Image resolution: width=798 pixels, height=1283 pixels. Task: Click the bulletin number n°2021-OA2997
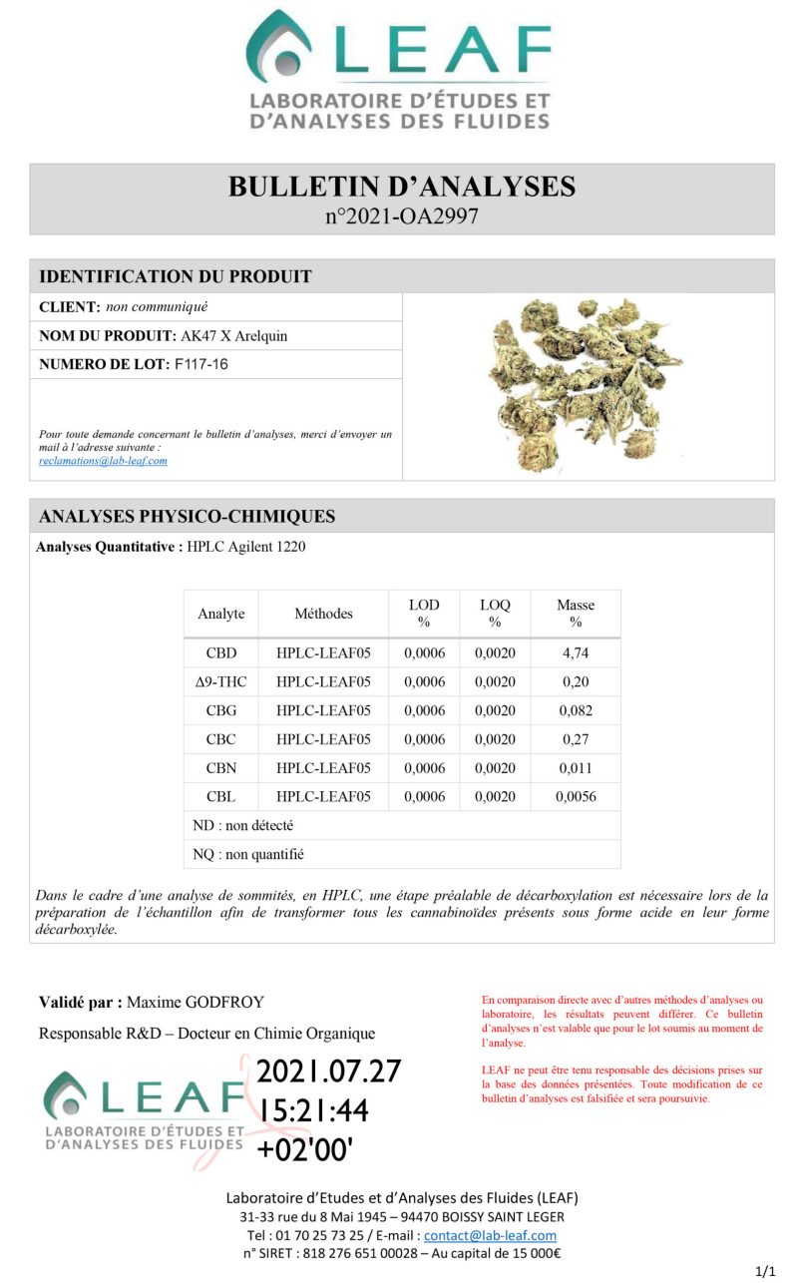[x=401, y=215]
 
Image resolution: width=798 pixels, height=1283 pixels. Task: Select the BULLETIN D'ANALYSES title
[x=401, y=187]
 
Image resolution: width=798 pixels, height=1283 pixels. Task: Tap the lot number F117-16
[x=201, y=364]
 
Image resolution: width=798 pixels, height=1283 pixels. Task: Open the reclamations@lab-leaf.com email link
[x=103, y=461]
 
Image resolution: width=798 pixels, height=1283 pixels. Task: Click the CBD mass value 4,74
[x=575, y=653]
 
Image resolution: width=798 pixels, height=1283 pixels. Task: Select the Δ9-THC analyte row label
[x=220, y=682]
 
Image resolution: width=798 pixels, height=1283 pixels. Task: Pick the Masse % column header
[x=575, y=613]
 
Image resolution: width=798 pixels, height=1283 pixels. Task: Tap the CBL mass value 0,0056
[x=575, y=797]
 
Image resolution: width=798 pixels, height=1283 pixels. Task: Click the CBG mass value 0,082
[x=575, y=711]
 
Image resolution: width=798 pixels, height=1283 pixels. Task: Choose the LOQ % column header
[x=495, y=613]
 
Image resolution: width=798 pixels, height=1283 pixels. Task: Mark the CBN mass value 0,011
[x=575, y=768]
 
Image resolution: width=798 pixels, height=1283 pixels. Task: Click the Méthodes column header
[x=323, y=614]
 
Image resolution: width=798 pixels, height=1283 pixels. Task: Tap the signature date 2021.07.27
[x=329, y=1071]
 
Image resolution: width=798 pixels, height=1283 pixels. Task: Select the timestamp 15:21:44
[x=313, y=1110]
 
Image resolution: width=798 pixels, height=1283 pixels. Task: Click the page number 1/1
[x=765, y=1270]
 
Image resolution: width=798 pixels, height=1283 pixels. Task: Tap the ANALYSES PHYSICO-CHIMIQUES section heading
[x=187, y=516]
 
